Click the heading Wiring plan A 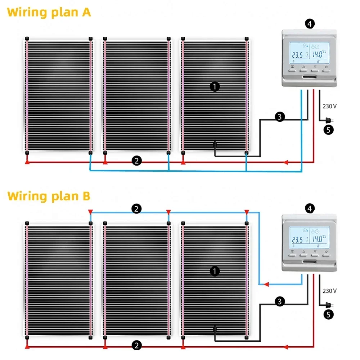pyautogui.click(x=49, y=12)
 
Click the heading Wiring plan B pyautogui.click(x=49, y=196)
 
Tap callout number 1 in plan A pyautogui.click(x=215, y=86)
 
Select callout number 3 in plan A pyautogui.click(x=280, y=117)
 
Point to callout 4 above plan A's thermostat pyautogui.click(x=310, y=24)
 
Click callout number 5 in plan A pyautogui.click(x=328, y=130)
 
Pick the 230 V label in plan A pyautogui.click(x=330, y=106)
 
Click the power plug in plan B pyautogui.click(x=328, y=305)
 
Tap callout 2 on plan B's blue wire pyautogui.click(x=136, y=208)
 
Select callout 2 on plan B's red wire pyautogui.click(x=136, y=346)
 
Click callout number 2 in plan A pyautogui.click(x=136, y=161)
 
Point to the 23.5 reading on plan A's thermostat pyautogui.click(x=297, y=55)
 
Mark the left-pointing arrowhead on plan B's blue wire pyautogui.click(x=266, y=284)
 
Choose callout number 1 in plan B pyautogui.click(x=215, y=271)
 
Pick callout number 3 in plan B pyautogui.click(x=280, y=302)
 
